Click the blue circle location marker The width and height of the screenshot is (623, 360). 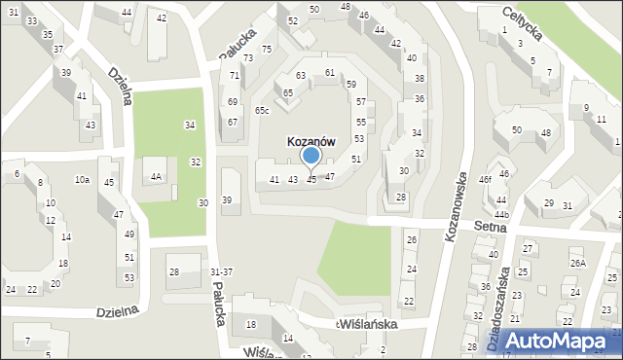click(311, 156)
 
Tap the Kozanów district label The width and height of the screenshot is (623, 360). click(311, 141)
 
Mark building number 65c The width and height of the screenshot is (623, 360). click(262, 111)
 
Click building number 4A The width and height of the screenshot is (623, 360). click(156, 177)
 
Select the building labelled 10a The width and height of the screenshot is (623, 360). click(83, 180)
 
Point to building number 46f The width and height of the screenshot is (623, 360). click(486, 180)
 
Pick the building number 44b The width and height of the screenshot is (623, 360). click(501, 214)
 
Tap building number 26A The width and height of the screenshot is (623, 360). click(578, 263)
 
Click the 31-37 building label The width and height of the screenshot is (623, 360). click(221, 270)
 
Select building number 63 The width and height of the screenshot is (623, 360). click(302, 75)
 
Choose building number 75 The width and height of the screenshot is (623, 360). click(267, 49)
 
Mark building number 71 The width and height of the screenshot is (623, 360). click(235, 75)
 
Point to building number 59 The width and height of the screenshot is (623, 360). click(351, 86)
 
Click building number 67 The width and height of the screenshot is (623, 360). click(233, 122)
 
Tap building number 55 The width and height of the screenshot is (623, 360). click(360, 122)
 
